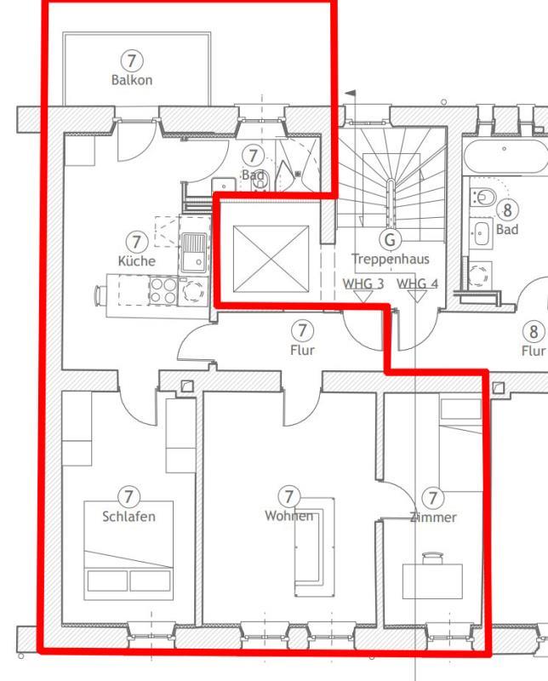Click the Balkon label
pos(132,80)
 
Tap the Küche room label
pos(136,260)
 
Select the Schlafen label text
pos(128,517)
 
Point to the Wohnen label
pos(288,516)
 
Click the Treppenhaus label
pos(391,260)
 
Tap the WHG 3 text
pos(363,283)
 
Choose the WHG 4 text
pos(417,283)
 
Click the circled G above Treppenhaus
pos(390,239)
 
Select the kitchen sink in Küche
pos(194,253)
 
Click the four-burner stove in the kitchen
pos(163,290)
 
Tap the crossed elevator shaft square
pos(271,259)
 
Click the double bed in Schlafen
pos(128,551)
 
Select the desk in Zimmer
pos(432,581)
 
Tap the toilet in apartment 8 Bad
pos(483,197)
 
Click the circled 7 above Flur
pos(302,330)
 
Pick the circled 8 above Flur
pos(534,332)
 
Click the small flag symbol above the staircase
pos(351,93)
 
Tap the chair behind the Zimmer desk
pos(433,558)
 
